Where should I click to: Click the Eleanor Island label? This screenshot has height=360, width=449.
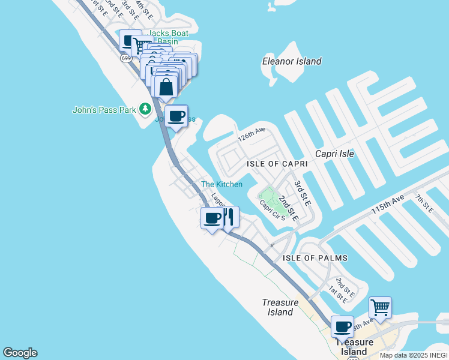click(x=292, y=61)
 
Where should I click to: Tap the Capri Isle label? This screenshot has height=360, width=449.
click(x=330, y=154)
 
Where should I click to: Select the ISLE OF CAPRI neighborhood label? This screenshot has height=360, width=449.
click(x=277, y=163)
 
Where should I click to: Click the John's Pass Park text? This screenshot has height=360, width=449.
click(x=104, y=110)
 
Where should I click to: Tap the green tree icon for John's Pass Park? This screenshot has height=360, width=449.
click(x=145, y=109)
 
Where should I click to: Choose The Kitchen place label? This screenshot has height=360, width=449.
click(x=221, y=184)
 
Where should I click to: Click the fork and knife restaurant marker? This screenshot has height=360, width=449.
click(x=228, y=218)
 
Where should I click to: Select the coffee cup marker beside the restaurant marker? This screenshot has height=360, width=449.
click(x=212, y=218)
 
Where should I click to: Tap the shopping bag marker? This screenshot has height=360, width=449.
click(x=166, y=86)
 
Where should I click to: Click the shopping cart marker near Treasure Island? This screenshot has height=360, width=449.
click(x=380, y=308)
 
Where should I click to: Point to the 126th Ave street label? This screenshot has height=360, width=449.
click(x=251, y=137)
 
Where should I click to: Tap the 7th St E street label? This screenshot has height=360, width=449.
click(x=424, y=203)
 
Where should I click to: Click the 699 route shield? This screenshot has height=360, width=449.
click(x=125, y=58)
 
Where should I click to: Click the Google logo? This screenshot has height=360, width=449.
click(x=20, y=353)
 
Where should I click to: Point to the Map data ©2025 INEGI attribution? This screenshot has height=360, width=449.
click(x=414, y=355)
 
